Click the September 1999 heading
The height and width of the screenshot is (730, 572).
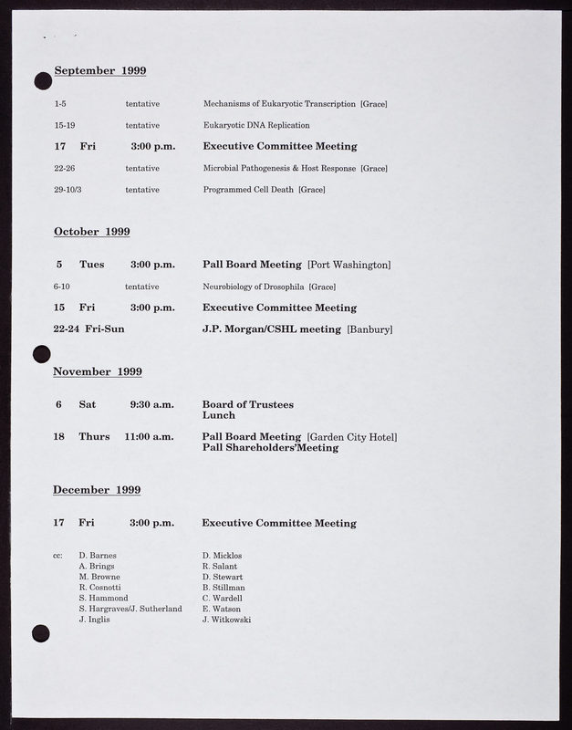pos(100,70)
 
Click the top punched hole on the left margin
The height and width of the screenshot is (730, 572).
pos(42,82)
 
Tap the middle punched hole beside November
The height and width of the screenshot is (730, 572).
pos(41,353)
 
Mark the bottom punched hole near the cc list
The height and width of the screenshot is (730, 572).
pos(40,631)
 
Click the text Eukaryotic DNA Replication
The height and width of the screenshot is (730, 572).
pos(256,125)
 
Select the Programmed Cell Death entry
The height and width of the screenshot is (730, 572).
pos(264,190)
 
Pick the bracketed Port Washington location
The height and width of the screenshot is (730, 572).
pos(349,265)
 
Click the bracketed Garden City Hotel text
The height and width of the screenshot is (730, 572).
pos(352,437)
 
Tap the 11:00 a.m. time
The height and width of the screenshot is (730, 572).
pos(151,437)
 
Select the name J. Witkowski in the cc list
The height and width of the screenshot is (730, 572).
pos(227,620)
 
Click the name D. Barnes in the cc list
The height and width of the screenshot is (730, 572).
pos(98,555)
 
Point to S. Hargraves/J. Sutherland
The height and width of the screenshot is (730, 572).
pos(131,610)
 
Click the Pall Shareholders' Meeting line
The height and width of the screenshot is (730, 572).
pos(270,448)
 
